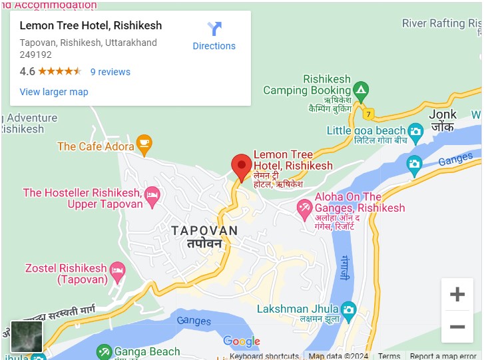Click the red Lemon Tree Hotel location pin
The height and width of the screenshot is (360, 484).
[241, 164]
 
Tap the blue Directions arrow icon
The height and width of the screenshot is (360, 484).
[214, 29]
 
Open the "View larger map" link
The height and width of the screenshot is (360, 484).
[54, 92]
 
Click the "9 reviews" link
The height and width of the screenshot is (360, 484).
[111, 72]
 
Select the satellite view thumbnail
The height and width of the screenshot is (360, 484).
[27, 336]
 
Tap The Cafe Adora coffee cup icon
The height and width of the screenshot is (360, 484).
[144, 142]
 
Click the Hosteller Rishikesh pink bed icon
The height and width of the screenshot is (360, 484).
[152, 194]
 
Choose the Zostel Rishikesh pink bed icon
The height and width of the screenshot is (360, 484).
[117, 270]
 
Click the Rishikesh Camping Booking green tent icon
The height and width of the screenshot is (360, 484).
[360, 89]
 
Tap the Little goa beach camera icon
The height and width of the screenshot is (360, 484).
[415, 130]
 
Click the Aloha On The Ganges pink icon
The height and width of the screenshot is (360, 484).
[304, 207]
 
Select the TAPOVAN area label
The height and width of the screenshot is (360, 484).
[204, 231]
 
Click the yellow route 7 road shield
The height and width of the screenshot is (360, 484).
[369, 114]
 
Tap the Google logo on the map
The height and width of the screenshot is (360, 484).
[241, 342]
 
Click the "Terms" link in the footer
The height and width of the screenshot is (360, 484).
[389, 356]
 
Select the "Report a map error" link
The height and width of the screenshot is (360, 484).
[443, 356]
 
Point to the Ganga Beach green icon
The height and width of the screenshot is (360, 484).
[104, 351]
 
